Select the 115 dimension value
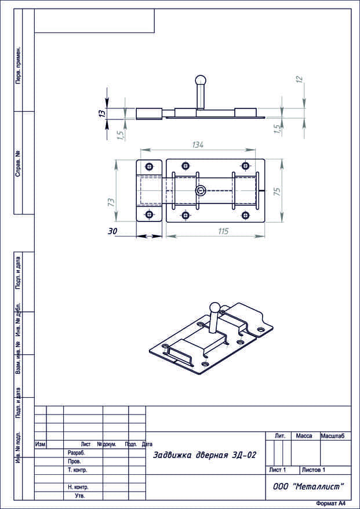(223, 231)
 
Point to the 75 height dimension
(277, 191)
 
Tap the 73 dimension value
(111, 202)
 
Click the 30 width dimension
(112, 231)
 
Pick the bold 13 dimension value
(102, 113)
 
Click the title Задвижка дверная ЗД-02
(205, 455)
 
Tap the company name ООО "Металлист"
(308, 486)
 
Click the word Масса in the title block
(304, 436)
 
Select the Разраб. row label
(75, 453)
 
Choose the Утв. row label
(80, 496)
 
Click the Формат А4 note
(330, 503)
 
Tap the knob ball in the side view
(201, 80)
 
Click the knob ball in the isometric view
(214, 307)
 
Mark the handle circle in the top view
(200, 191)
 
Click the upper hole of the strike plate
(149, 167)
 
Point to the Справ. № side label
(19, 163)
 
